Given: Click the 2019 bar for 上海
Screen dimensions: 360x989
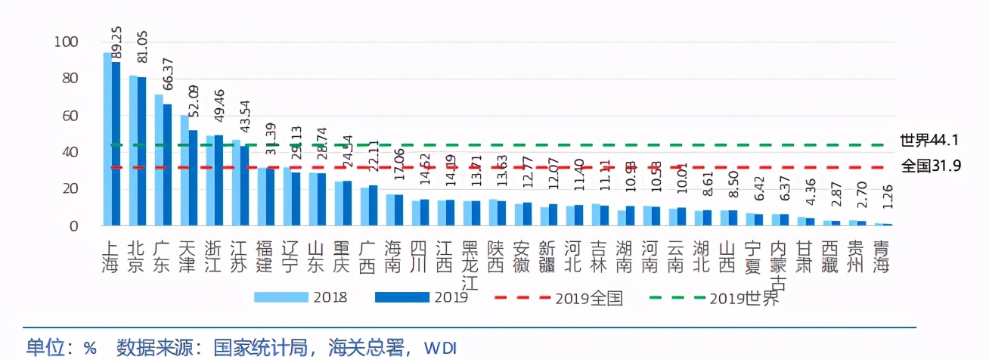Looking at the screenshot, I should point(116,144).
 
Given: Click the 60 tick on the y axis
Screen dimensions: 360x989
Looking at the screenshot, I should point(68,116).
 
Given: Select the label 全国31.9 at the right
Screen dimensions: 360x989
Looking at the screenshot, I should point(930,166).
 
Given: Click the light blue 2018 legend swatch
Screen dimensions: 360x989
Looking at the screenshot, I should point(281,296).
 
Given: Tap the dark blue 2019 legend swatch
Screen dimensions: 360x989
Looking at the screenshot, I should point(401,296).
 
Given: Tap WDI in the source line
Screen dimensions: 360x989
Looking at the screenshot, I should point(440,348).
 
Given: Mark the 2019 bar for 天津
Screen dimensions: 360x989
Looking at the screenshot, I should point(193,178).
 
